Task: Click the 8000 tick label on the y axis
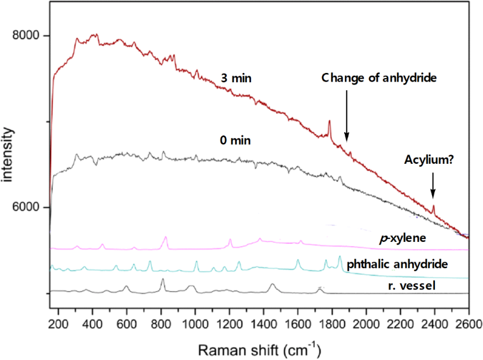point(26,36)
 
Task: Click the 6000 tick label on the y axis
point(26,207)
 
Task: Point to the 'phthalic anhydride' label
point(397,264)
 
